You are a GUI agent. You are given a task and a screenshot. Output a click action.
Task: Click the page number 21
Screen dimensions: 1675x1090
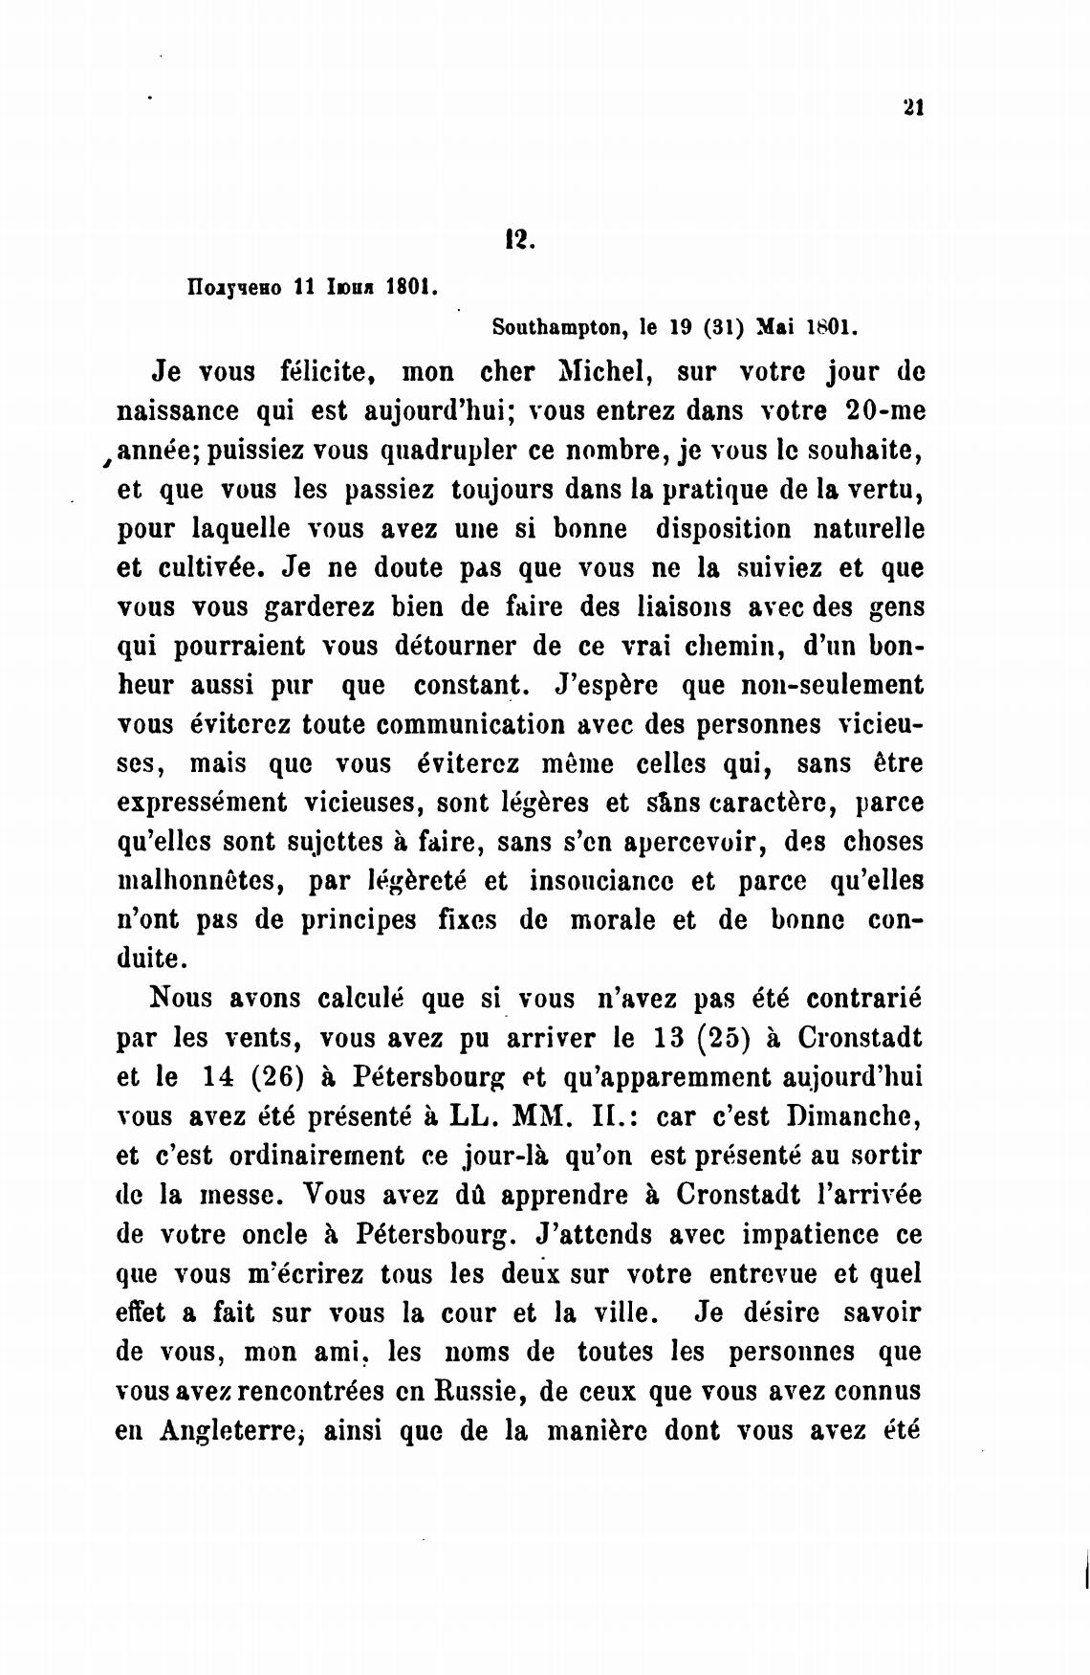pos(912,108)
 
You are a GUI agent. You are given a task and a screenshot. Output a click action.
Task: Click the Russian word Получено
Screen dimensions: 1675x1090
pos(232,287)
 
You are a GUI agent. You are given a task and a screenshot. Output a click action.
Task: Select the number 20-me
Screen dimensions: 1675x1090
pos(885,410)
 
